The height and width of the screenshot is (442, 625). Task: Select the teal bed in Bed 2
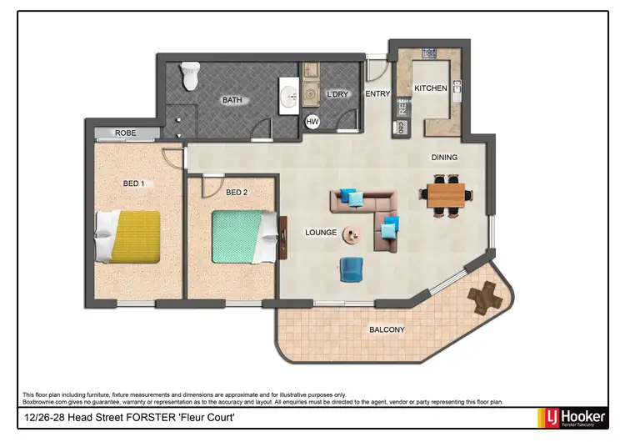(243, 236)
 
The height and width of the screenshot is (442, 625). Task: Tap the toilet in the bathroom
(190, 78)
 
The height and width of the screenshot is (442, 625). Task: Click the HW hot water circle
(312, 122)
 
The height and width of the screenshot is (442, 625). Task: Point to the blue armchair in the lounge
(352, 269)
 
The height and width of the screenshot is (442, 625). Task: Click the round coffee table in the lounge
(353, 235)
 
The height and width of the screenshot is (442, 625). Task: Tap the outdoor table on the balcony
(484, 297)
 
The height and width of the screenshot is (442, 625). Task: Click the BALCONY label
(387, 330)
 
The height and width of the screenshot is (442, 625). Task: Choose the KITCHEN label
(431, 88)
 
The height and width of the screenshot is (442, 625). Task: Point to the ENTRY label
(377, 94)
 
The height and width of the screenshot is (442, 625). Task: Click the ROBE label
(126, 133)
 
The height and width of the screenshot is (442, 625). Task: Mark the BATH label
(232, 100)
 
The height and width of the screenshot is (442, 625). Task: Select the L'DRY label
(337, 94)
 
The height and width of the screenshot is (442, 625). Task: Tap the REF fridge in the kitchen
(402, 107)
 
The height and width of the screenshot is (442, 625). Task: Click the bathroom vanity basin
(290, 98)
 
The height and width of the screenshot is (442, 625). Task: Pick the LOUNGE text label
(321, 233)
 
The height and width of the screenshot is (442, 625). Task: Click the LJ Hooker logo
(574, 416)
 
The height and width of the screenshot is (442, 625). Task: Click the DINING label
(444, 157)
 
